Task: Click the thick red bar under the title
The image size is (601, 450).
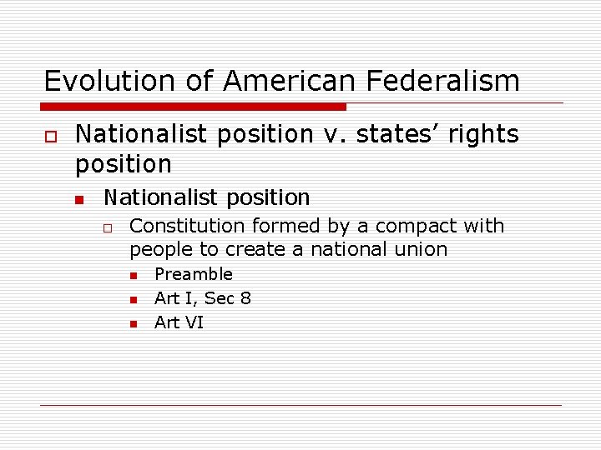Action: point(194,107)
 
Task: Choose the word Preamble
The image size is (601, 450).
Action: point(194,274)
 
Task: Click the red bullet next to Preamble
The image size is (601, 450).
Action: point(133,276)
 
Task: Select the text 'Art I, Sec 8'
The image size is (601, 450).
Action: point(203,298)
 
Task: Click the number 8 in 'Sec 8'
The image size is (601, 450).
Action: point(245,298)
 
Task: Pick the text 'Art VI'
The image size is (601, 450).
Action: point(179,322)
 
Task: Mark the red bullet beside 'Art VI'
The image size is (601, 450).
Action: point(133,324)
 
